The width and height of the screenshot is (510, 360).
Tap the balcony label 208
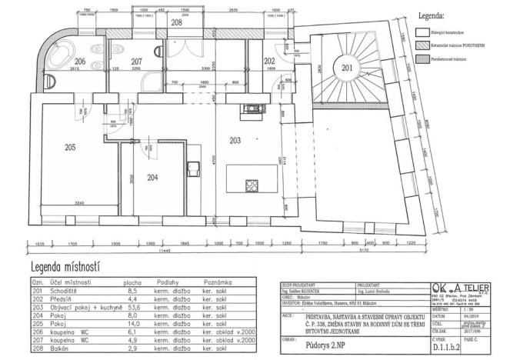pos(176,23)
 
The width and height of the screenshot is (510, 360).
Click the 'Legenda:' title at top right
pos(451,15)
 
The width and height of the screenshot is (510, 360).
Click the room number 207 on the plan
pos(136,61)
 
